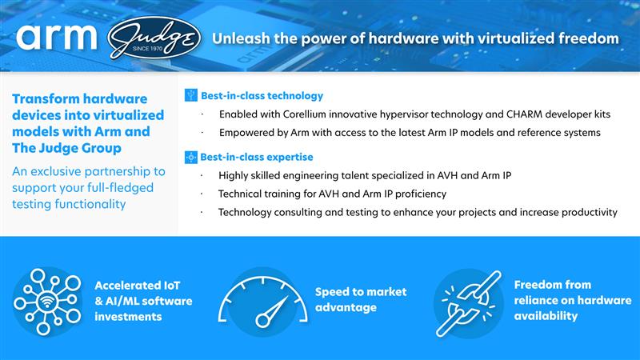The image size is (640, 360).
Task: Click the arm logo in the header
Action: (x=56, y=38)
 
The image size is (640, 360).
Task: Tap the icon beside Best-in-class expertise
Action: (x=190, y=157)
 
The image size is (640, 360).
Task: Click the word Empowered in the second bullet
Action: (x=249, y=132)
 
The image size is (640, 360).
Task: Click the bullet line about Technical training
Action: (x=332, y=194)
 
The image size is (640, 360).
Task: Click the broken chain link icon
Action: (x=467, y=299)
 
